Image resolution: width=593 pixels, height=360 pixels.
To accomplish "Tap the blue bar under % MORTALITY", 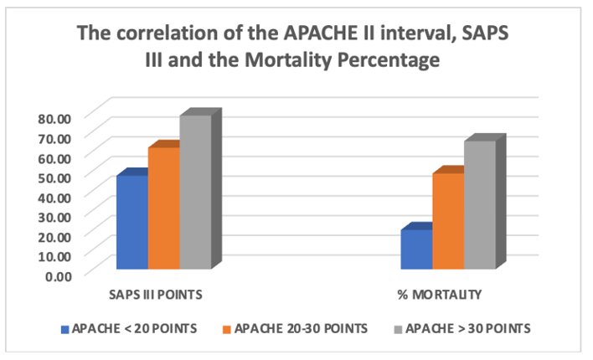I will coord(416,249).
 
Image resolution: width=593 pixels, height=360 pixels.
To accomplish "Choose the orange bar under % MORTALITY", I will coord(448,221).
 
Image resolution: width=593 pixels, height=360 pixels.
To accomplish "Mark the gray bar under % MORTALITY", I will coord(480,205).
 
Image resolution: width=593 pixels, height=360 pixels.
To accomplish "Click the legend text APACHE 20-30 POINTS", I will coord(301,328).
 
